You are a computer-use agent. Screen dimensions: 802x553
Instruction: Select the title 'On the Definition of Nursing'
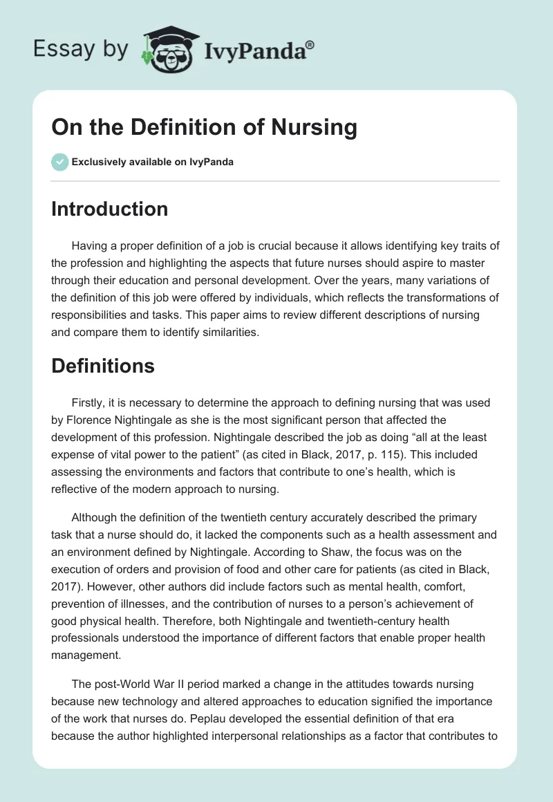204,128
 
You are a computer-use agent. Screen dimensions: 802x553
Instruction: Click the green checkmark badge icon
59,162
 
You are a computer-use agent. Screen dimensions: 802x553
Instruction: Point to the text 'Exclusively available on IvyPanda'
153,162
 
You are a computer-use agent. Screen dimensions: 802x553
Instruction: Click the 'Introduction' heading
109,209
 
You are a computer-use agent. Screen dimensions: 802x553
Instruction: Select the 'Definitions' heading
102,366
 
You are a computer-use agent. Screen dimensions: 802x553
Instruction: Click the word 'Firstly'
88,402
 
